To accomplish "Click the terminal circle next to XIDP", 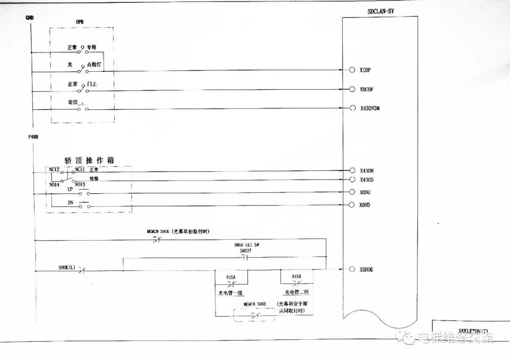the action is pyautogui.click(x=352, y=70).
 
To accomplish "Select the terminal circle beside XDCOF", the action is pyautogui.click(x=352, y=89).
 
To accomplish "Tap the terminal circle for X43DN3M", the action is pyautogui.click(x=352, y=108).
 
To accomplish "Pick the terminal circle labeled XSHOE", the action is pyautogui.click(x=352, y=269).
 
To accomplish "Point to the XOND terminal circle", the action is pyautogui.click(x=352, y=205).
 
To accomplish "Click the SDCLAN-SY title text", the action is pyautogui.click(x=381, y=11).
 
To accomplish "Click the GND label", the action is pyautogui.click(x=29, y=18).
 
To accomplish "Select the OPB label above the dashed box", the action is pyautogui.click(x=80, y=22).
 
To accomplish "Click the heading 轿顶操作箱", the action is pyautogui.click(x=89, y=160).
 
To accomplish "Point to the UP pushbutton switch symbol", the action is pyautogui.click(x=84, y=193).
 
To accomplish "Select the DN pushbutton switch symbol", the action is pyautogui.click(x=84, y=205).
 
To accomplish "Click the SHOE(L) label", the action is pyautogui.click(x=67, y=267).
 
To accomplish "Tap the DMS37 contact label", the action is pyautogui.click(x=246, y=251).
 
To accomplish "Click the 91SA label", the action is pyautogui.click(x=231, y=276).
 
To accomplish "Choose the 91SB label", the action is pyautogui.click(x=297, y=276).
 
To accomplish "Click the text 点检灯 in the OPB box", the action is pyautogui.click(x=94, y=64).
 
